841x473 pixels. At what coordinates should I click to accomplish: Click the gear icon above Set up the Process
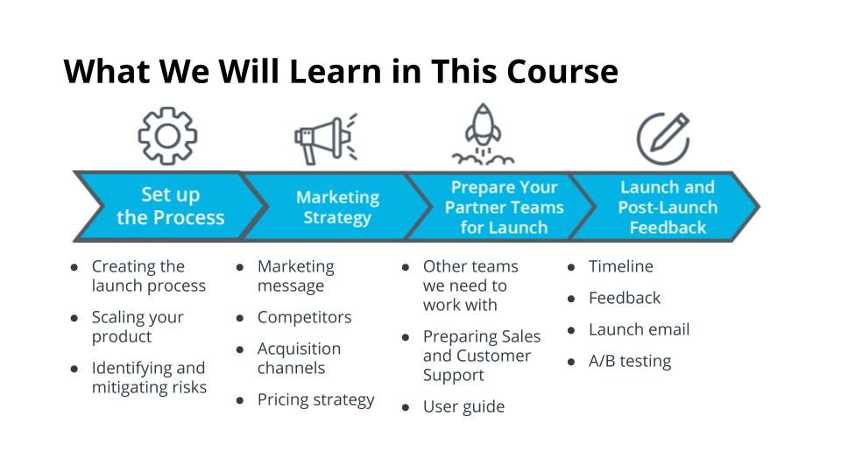point(167,136)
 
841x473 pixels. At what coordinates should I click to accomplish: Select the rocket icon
point(483,134)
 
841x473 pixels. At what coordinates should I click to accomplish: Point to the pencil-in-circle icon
point(663,138)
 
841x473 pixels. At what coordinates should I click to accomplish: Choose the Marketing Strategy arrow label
point(337,207)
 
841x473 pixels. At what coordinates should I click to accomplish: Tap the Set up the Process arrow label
point(171,206)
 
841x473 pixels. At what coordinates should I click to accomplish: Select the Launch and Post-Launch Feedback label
point(668,207)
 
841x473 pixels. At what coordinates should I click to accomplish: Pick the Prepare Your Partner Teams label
point(505,207)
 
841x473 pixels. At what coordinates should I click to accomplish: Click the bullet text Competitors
point(304,317)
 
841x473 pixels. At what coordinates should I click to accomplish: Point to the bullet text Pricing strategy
point(316,400)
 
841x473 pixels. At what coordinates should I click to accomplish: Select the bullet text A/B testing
point(630,362)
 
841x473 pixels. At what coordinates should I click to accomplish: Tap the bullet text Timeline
point(620,266)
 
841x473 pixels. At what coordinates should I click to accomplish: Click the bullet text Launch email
point(639,329)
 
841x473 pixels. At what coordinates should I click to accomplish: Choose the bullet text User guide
point(463,407)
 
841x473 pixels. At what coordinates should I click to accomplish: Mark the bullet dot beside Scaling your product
point(74,318)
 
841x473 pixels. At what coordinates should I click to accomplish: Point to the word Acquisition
point(299,349)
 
